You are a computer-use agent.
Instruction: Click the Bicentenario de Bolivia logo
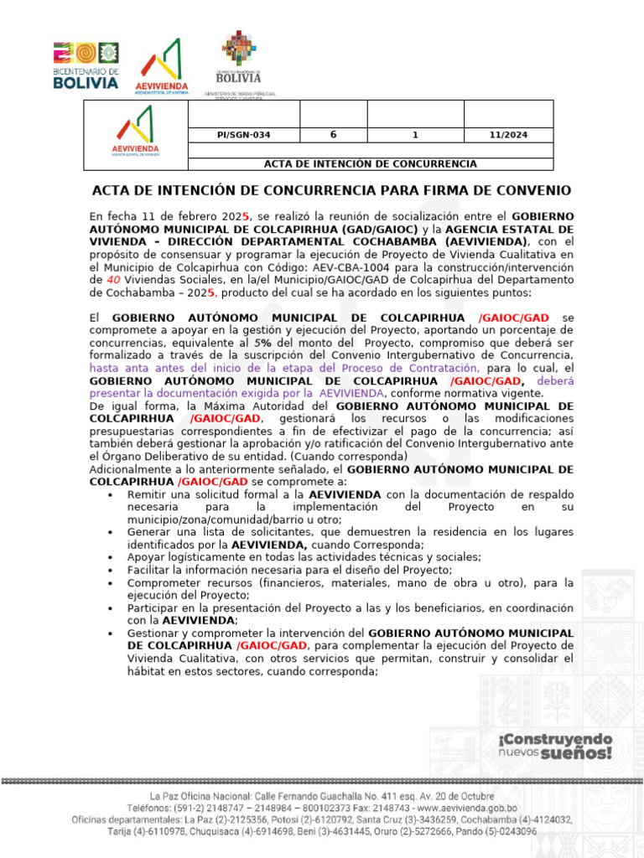86,66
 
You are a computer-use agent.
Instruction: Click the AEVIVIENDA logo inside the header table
135,135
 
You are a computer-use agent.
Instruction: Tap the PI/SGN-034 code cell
243,135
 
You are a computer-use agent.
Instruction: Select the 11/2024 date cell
508,135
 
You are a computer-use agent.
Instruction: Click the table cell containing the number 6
333,135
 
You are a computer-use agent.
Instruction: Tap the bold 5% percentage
264,344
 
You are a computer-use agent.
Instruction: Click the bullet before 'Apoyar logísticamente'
112,557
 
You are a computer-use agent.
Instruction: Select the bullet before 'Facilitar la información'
112,570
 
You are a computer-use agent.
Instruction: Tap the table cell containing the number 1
415,135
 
